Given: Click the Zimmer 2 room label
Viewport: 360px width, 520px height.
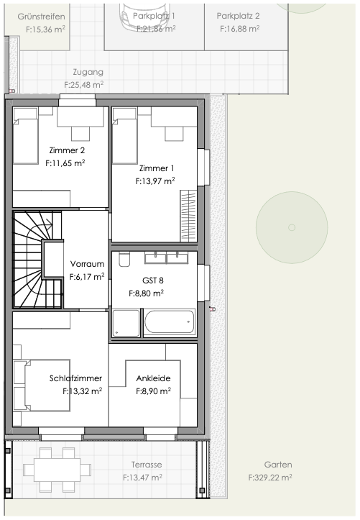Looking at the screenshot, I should [x=67, y=150].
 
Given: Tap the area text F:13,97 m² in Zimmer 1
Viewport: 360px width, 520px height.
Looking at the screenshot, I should [x=155, y=182].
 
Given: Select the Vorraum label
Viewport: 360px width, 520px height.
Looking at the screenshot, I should [x=87, y=264].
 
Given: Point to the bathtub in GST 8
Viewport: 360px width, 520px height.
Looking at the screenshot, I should [x=169, y=322].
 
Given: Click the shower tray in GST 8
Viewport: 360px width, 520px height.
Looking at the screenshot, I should [x=126, y=322].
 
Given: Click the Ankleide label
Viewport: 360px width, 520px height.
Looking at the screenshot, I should [x=153, y=378].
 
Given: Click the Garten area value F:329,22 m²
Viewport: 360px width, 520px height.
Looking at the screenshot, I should [x=269, y=477].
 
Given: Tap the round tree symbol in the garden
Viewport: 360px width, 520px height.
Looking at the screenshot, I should [x=291, y=227].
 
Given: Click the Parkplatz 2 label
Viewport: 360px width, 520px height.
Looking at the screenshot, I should [x=238, y=15].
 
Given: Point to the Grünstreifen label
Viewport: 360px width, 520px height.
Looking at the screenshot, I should [x=41, y=16].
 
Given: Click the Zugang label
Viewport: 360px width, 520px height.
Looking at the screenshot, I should [x=88, y=72].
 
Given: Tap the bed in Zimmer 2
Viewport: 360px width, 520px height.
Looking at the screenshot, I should [x=26, y=136].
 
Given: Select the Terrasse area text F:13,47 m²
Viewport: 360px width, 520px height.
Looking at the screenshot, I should [x=142, y=477].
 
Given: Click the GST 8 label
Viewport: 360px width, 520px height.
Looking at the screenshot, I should [x=146, y=280].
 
